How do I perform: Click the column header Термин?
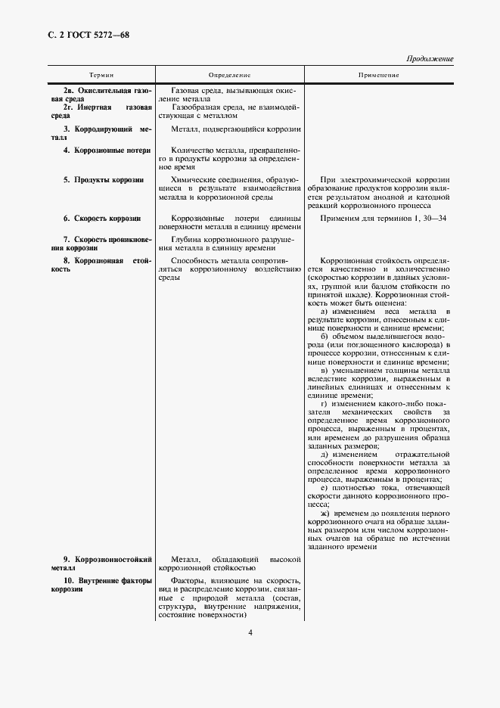click(101, 75)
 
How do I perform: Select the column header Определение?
click(230, 75)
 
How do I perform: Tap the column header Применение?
click(379, 75)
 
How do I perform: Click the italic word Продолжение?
click(430, 58)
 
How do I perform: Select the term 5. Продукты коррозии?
click(104, 180)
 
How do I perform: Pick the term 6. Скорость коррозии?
click(103, 218)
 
